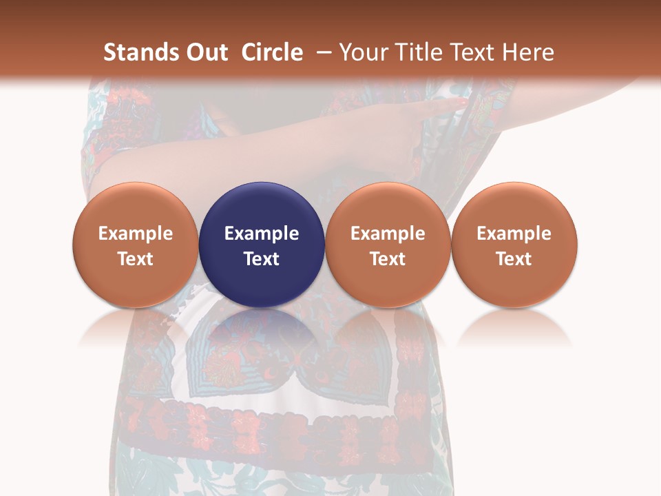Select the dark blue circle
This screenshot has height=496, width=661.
[x=262, y=245]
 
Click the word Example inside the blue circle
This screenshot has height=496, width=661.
[x=262, y=234]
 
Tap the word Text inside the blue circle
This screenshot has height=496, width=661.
[x=262, y=259]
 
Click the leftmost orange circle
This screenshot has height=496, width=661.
[x=136, y=245]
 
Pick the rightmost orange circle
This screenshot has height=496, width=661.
[x=514, y=245]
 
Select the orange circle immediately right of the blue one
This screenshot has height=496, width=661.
[x=388, y=245]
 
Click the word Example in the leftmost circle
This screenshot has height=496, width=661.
[x=136, y=234]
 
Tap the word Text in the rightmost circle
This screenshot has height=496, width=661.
[x=514, y=259]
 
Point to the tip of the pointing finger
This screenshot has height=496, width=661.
[x=465, y=102]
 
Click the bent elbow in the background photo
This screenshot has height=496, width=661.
[x=103, y=172]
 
